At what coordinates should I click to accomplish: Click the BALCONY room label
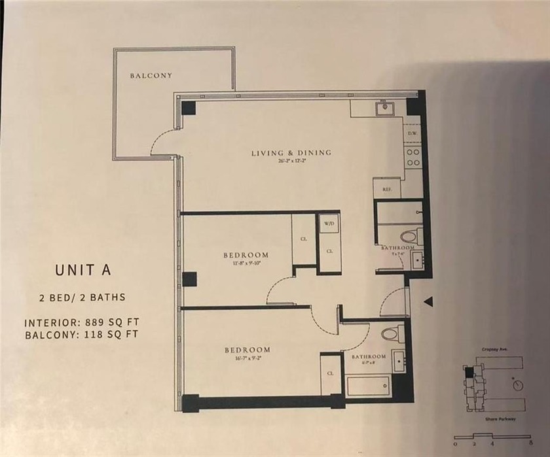click(x=151, y=76)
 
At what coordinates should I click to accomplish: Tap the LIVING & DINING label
click(x=291, y=153)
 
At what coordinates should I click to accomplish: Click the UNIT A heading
click(x=81, y=270)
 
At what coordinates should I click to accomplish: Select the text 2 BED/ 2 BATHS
click(x=81, y=297)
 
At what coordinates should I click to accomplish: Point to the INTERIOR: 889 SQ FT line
click(x=81, y=322)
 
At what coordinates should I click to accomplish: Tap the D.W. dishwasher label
click(x=412, y=133)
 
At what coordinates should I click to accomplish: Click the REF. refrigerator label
click(x=386, y=190)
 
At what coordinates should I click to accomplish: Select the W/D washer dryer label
click(x=328, y=223)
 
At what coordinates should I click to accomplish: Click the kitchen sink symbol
click(x=384, y=108)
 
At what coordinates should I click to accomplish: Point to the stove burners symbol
click(x=412, y=157)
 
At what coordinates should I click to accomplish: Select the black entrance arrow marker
click(x=430, y=301)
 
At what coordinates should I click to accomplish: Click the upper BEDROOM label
click(x=246, y=254)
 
